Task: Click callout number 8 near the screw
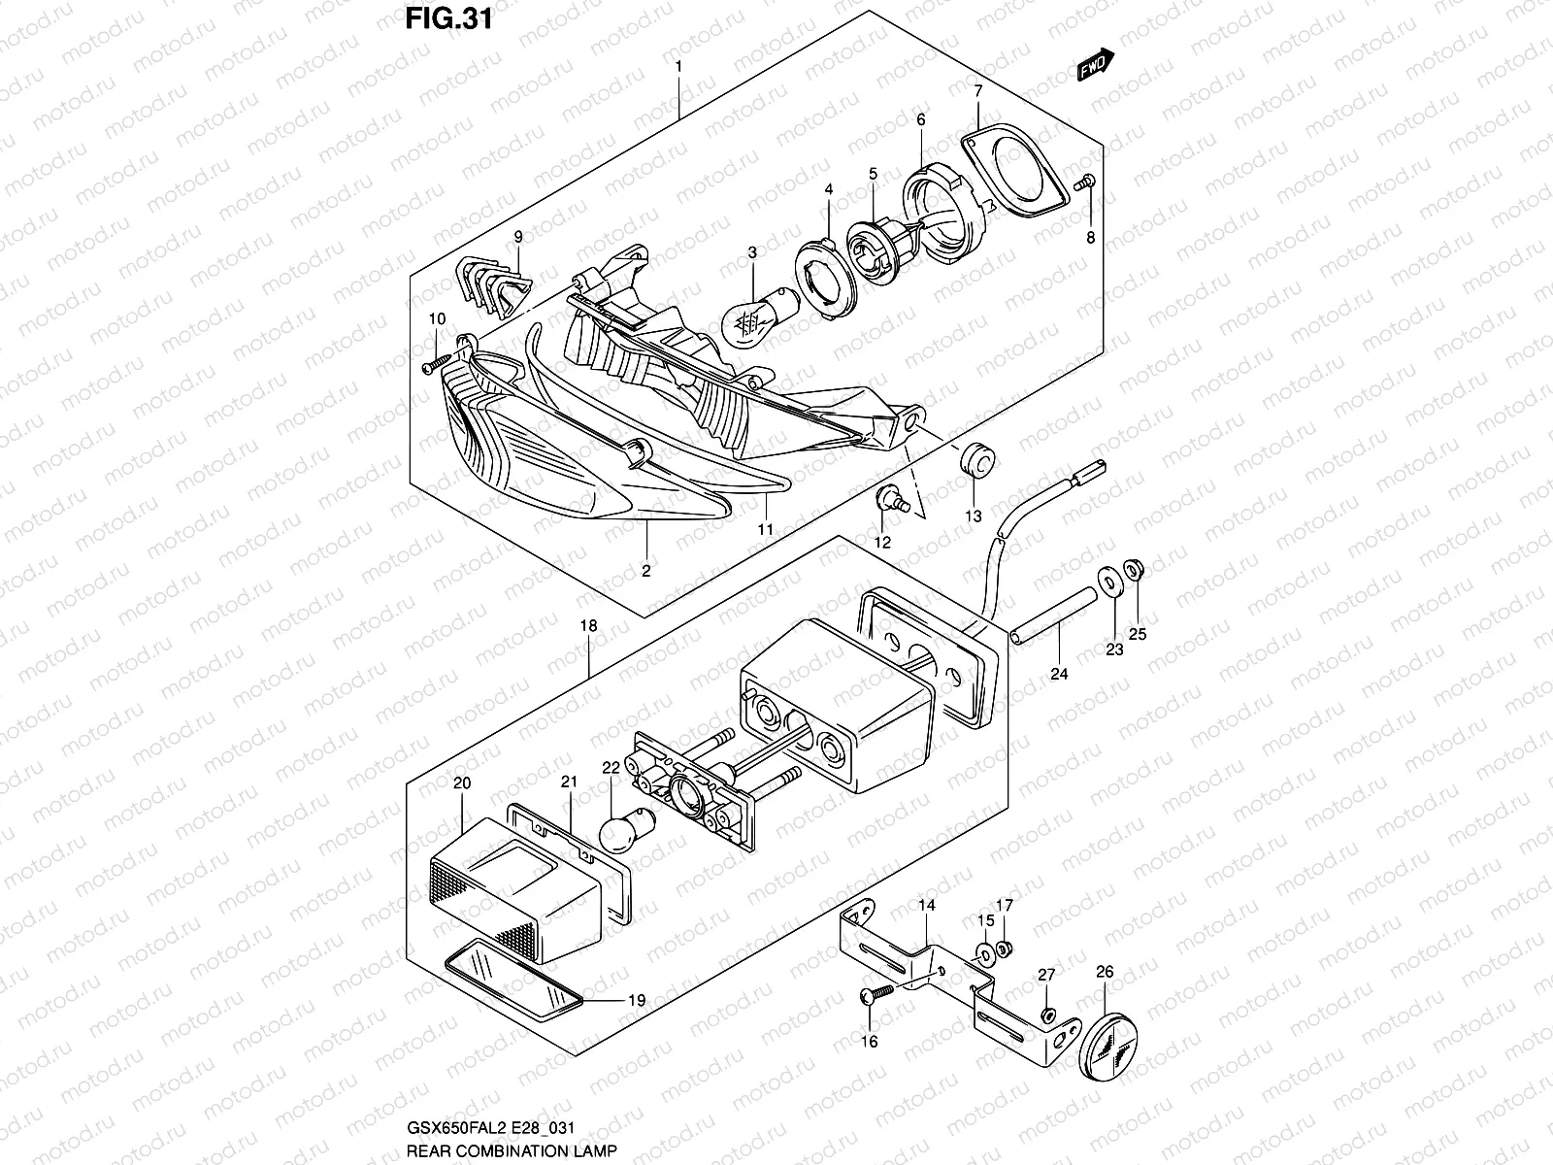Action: [1090, 237]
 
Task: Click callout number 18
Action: [589, 626]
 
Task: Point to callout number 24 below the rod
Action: [1059, 674]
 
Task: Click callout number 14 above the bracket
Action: [927, 906]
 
